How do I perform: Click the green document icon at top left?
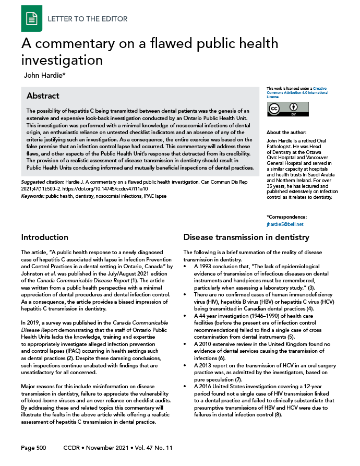pos(32,19)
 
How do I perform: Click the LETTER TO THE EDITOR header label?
pos(88,19)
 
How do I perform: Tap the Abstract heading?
pos(43,96)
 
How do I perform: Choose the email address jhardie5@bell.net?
pos(285,224)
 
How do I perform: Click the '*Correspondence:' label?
pos(286,217)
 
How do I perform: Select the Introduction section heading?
pos(44,237)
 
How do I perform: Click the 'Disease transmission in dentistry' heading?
pos(246,237)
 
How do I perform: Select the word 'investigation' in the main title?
pos(62,61)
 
